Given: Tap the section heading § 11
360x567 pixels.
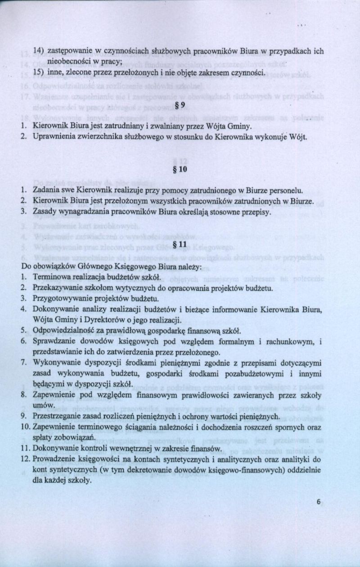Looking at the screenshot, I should (180, 244).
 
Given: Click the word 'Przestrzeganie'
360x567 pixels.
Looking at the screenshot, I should (58, 416).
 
